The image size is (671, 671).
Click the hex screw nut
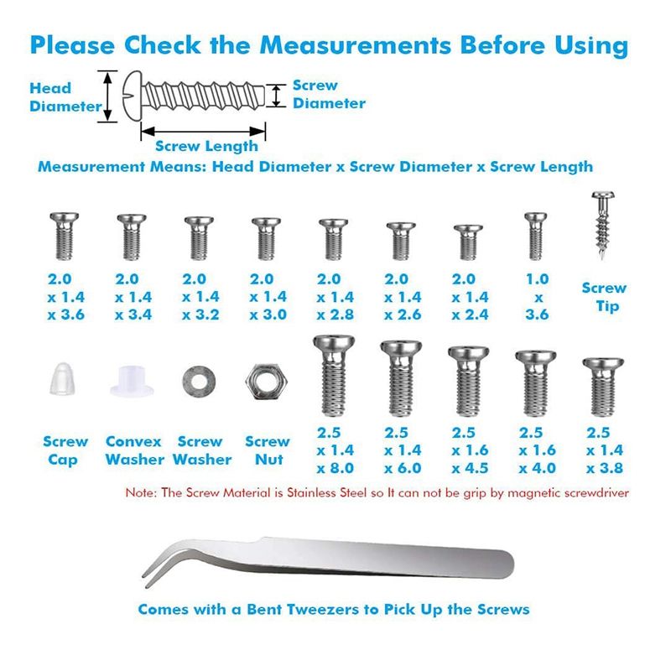point(266,382)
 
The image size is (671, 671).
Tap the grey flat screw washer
point(199,382)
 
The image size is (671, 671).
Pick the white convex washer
point(132,381)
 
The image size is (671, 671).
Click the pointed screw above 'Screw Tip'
point(603,226)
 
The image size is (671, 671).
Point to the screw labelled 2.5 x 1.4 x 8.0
point(334,376)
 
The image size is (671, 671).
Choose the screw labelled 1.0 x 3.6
point(535,236)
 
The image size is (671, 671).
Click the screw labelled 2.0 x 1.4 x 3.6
point(65,237)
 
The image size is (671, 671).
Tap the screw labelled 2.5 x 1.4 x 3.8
point(603,387)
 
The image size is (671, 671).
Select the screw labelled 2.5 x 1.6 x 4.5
point(468,382)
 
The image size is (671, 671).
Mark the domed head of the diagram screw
point(133,96)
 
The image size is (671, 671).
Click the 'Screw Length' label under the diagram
point(206,146)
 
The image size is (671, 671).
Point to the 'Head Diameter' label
point(65,97)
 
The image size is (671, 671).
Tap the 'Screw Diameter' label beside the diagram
point(329,94)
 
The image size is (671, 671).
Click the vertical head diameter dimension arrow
point(108,96)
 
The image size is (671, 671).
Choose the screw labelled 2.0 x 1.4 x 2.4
point(468,242)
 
